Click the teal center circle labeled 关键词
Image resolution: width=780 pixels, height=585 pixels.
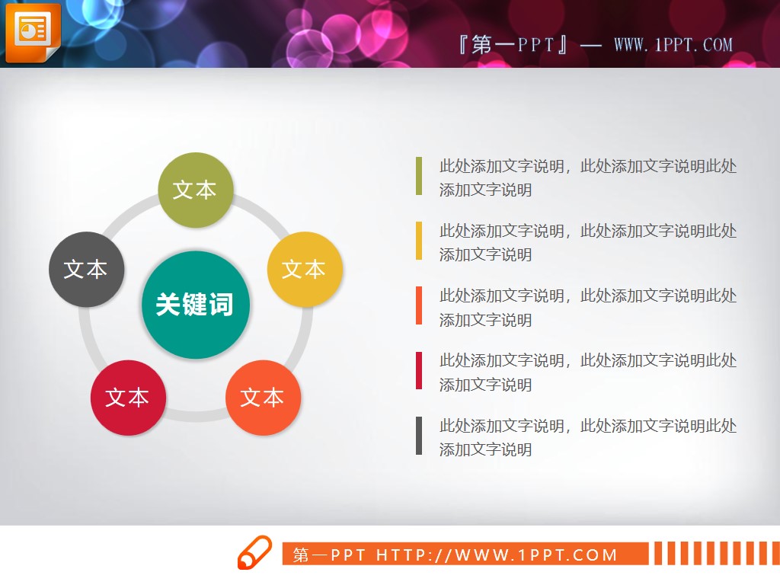coord(196,305)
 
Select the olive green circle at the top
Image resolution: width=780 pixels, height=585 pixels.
coord(195,190)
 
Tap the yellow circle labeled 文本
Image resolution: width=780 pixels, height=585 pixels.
coord(305,269)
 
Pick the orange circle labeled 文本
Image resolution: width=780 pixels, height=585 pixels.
coord(263,397)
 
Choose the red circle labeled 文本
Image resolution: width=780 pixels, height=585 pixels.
coord(128,397)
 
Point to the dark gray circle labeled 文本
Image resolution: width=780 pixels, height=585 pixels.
coord(86,269)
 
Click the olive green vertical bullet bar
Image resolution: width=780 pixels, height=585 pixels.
coord(419,176)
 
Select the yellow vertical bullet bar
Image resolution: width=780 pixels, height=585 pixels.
coord(419,241)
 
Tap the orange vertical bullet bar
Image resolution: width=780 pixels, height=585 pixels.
coord(419,305)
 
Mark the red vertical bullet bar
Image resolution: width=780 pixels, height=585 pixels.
coord(419,371)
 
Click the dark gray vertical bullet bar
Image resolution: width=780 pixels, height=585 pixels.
coord(419,436)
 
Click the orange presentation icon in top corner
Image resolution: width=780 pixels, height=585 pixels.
coord(32,32)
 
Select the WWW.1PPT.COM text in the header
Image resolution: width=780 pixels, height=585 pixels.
coord(673,45)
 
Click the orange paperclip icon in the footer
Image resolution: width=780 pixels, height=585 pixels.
coord(254,552)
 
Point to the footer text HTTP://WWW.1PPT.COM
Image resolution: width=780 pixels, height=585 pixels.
coord(497,555)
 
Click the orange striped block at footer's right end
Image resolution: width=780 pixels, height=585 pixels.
coord(714,553)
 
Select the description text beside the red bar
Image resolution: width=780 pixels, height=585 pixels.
coord(587,372)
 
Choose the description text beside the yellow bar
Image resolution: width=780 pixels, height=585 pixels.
coord(587,242)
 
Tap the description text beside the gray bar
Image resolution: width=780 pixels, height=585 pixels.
coord(587,437)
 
